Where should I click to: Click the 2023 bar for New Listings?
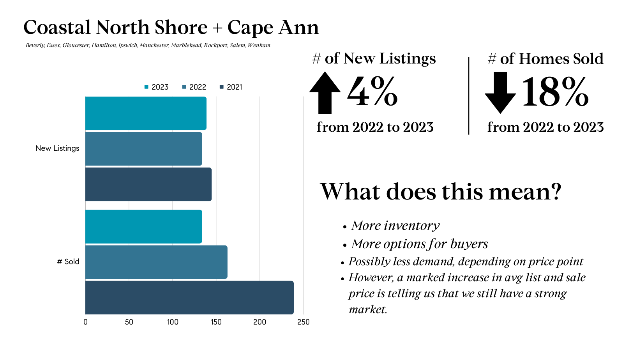pos(146,113)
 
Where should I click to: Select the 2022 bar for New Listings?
pos(143,149)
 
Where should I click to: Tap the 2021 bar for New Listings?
pos(148,184)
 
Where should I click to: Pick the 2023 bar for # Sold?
pos(143,227)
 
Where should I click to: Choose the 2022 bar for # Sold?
pos(156,262)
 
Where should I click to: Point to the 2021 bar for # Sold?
pos(189,298)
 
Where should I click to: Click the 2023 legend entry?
pos(156,87)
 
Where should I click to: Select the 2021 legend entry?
pos(231,87)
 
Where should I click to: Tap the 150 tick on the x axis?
pos(216,322)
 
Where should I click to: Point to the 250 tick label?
pos(303,322)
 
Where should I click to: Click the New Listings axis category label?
pos(57,148)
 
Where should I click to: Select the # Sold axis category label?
pos(68,262)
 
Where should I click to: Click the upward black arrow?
pos(325,92)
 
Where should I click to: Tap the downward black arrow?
pos(500,92)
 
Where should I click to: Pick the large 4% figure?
pos(372,92)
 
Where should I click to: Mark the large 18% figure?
pos(555,92)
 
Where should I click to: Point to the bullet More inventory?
pos(395,226)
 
